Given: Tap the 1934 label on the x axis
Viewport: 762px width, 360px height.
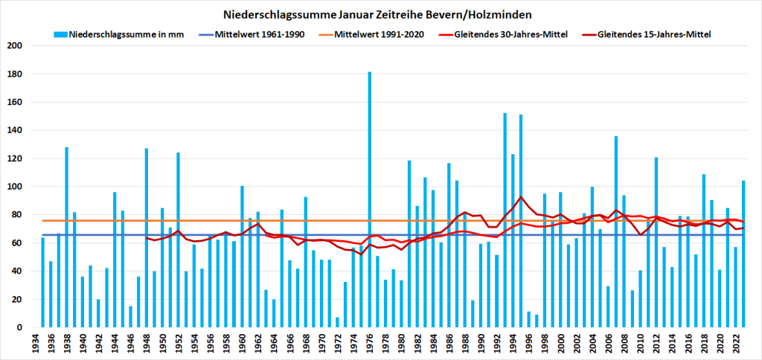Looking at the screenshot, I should pos(34,343).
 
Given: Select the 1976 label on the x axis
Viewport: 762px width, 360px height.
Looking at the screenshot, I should pos(370,343).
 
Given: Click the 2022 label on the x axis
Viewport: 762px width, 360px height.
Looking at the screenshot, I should pos(737,343).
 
